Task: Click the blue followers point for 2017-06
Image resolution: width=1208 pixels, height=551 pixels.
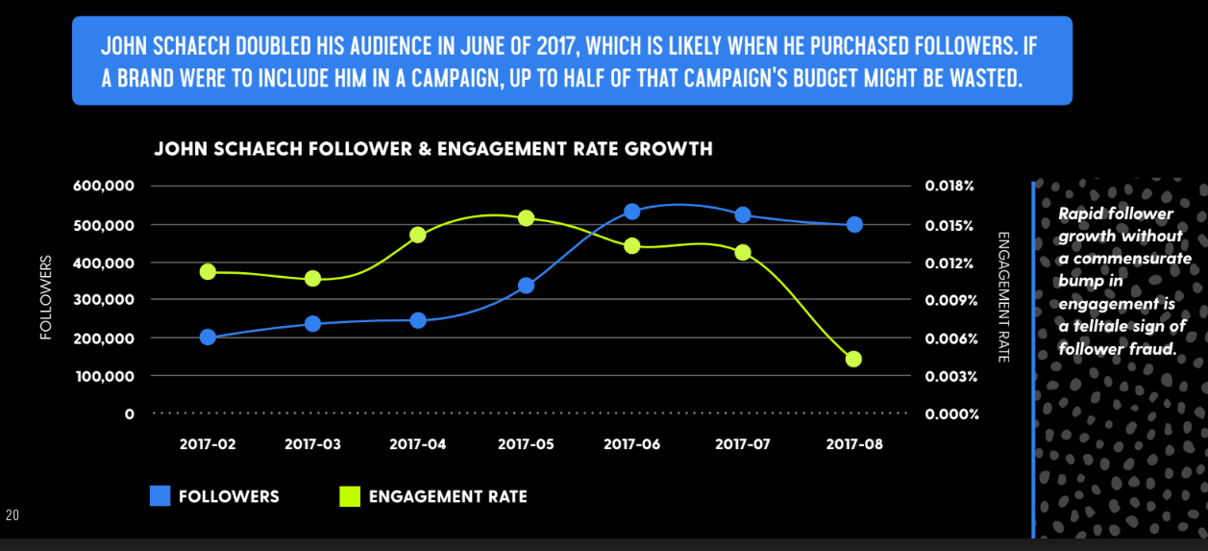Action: pos(632,212)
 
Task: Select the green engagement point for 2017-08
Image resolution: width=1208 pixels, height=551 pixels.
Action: pos(853,359)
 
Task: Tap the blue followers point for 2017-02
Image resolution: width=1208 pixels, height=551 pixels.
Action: pos(208,337)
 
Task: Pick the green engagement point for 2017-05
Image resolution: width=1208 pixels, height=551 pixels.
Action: pos(526,218)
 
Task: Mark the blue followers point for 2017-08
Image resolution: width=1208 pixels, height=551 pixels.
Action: pos(854,224)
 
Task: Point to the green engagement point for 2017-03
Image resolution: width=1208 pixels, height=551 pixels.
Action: pos(312,279)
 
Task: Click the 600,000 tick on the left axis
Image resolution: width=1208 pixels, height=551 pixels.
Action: pos(103,186)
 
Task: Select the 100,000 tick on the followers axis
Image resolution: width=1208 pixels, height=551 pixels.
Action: pos(103,376)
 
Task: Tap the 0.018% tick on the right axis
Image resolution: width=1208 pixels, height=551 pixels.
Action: pos(950,186)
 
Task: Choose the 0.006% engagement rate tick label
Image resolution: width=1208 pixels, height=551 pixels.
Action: pos(950,338)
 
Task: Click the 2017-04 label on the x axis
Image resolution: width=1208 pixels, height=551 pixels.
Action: pos(418,444)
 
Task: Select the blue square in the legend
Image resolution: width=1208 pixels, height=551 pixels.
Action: pos(160,496)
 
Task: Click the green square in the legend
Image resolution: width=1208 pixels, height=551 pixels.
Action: pos(350,496)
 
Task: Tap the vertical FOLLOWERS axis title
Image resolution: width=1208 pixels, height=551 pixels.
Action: pos(45,298)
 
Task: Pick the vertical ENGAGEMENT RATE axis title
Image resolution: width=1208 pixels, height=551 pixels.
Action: pos(1003,296)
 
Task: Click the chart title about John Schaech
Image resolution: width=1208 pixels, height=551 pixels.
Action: pos(433,149)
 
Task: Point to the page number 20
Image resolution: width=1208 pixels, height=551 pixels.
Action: pos(12,516)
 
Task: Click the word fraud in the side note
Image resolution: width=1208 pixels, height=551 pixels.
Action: pos(1156,349)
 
